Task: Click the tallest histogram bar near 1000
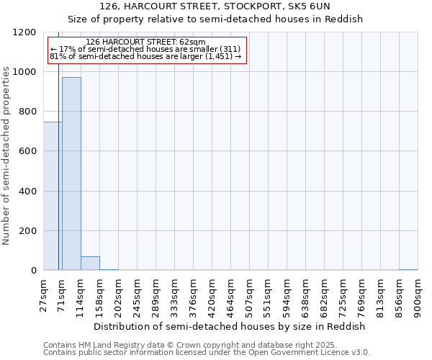(x=71, y=173)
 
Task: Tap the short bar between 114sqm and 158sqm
(x=90, y=263)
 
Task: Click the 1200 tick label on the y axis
(x=24, y=32)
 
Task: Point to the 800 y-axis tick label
(x=27, y=112)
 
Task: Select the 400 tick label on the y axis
(x=27, y=192)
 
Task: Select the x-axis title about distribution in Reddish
(x=230, y=326)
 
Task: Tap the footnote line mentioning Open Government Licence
(x=207, y=353)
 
